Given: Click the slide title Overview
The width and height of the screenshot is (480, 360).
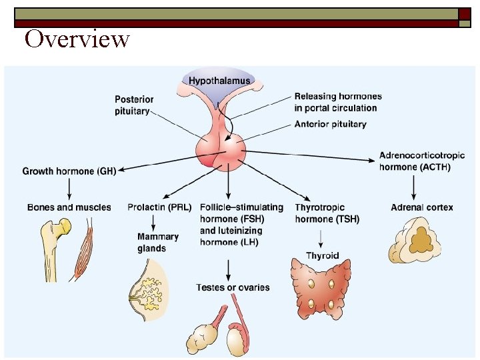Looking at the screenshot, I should [77, 39].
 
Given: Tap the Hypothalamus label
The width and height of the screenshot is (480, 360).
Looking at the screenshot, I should [219, 81].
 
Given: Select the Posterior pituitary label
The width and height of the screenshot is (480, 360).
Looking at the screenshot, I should [133, 105].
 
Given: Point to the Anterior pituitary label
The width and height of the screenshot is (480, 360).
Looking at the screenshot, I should [330, 125].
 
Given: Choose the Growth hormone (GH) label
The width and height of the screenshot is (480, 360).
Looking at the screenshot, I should [69, 171].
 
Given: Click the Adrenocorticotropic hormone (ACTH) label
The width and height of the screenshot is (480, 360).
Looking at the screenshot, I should [415, 161].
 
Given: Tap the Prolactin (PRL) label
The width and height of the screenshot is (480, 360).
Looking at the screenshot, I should [159, 207].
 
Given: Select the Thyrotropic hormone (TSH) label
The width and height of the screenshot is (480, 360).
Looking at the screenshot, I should [327, 213].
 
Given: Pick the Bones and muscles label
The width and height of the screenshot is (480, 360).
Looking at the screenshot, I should [69, 207].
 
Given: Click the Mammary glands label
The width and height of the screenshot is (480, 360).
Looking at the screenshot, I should [158, 243].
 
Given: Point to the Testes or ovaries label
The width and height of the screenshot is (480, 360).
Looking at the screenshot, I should [233, 287].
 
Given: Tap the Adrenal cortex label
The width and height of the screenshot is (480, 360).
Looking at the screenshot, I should [421, 207].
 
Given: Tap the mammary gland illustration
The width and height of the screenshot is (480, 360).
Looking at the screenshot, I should [148, 290].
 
